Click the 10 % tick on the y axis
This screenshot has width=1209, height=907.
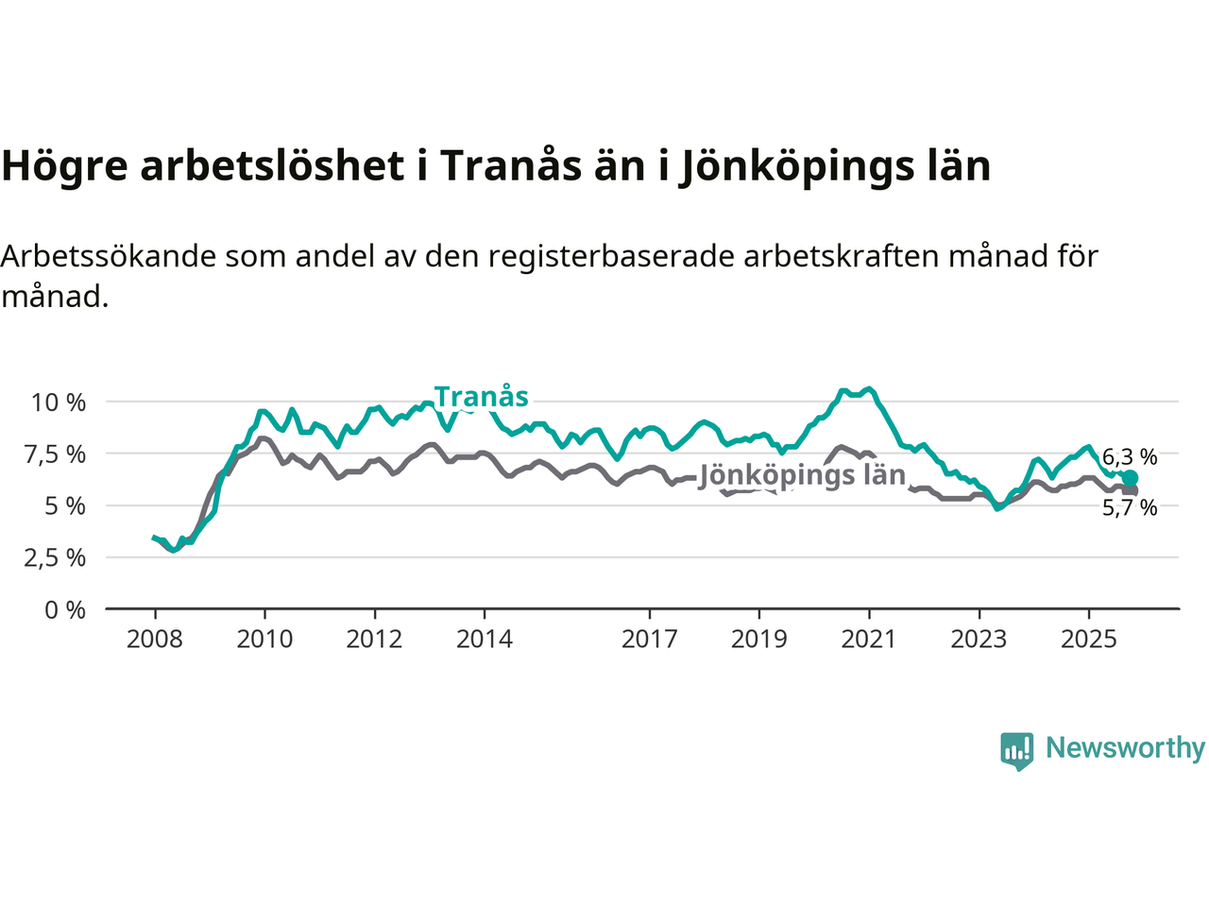coord(59,402)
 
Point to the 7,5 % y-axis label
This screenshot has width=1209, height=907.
coord(59,454)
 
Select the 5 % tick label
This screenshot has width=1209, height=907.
coord(64,506)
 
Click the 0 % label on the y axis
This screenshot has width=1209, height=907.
coord(65,610)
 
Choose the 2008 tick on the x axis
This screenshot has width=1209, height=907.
coord(155,640)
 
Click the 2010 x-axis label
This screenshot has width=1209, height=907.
coord(264,640)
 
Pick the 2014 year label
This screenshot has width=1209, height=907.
coord(485,640)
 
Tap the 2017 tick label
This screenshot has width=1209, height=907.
coord(649,640)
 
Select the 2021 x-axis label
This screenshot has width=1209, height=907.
coord(869,640)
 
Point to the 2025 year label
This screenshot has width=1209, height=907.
coord(1089,640)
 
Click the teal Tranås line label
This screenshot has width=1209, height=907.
coord(481,397)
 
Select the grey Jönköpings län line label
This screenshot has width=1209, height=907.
coord(802,475)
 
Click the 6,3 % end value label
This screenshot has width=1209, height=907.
coord(1130,457)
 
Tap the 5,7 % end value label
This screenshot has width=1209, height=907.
coord(1130,508)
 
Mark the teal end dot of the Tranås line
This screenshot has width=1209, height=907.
coord(1130,478)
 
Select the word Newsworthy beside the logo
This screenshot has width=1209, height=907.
coord(1125,748)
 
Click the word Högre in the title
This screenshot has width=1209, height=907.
coord(64,166)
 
